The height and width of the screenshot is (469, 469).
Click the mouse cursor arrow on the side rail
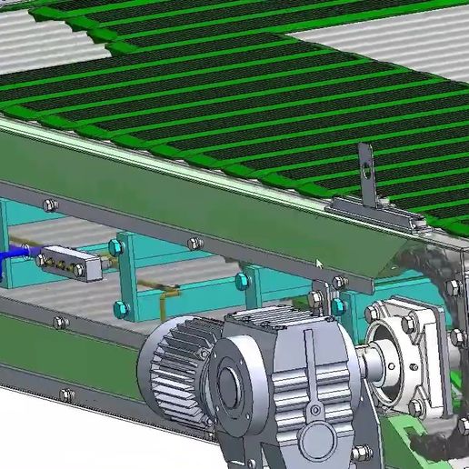coord(318,264)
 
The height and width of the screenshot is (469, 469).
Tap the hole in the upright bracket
coord(365,167)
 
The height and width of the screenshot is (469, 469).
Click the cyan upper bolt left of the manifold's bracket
coord(115,246)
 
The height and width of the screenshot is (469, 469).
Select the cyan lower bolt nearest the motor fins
coord(120,309)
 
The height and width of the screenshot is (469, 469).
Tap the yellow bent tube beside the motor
coord(164,293)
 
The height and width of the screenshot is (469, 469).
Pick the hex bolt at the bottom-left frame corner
coord(65,394)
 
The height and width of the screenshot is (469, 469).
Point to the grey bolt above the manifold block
coord(50,205)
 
